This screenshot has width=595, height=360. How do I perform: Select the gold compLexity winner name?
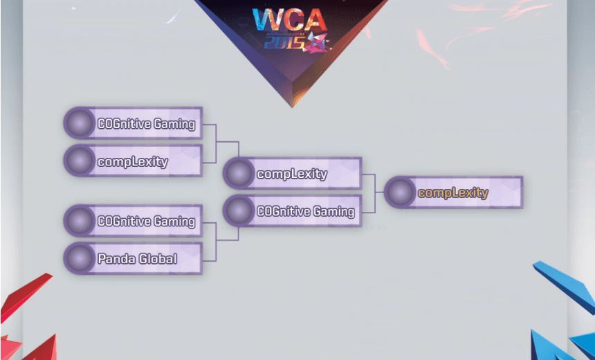click(x=453, y=193)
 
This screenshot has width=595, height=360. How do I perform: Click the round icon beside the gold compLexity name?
click(x=399, y=192)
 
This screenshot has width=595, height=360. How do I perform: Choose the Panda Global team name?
click(x=137, y=259)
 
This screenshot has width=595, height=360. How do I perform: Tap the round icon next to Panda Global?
click(x=80, y=259)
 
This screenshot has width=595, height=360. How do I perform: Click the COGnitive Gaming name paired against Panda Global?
click(x=146, y=222)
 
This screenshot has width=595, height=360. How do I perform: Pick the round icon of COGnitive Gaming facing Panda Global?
click(x=80, y=222)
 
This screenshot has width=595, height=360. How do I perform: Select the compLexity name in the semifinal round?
click(x=292, y=174)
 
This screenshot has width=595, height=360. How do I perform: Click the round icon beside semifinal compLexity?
click(x=239, y=174)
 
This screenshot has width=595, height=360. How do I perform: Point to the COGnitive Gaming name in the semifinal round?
click(x=305, y=211)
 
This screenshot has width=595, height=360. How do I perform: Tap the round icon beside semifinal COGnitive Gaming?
click(x=239, y=211)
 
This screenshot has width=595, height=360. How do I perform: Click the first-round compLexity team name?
click(x=133, y=162)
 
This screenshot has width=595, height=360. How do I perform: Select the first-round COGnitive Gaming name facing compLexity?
click(x=146, y=125)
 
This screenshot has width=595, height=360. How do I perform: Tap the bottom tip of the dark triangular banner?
click(x=291, y=106)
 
